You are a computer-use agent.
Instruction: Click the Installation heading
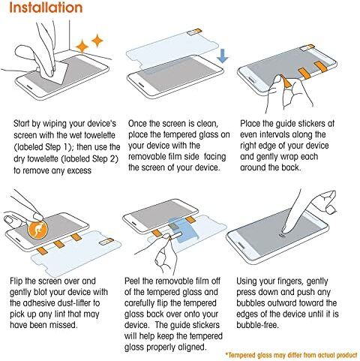click(x=46, y=8)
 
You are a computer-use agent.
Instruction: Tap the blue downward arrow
click(x=222, y=56)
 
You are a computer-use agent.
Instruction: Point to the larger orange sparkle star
click(x=82, y=47)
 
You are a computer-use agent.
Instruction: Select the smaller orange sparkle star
click(x=97, y=41)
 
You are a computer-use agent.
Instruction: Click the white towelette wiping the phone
click(x=58, y=73)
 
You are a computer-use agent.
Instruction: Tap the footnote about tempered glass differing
click(x=292, y=355)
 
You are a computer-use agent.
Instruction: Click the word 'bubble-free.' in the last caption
click(x=257, y=325)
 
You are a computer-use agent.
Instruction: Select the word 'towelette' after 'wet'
click(x=100, y=135)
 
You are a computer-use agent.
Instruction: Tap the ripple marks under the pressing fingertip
click(x=283, y=236)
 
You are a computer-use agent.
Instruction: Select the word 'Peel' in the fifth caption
click(x=132, y=281)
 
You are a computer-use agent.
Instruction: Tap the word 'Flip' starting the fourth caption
click(x=16, y=281)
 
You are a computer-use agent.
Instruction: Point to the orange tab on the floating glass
click(x=195, y=32)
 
